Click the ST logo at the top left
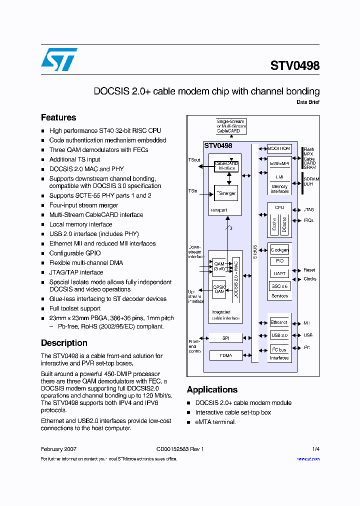(x=59, y=59)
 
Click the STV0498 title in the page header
(x=294, y=66)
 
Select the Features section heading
(x=58, y=117)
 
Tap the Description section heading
(x=64, y=343)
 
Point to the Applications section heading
(x=212, y=389)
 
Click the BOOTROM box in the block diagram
(x=279, y=148)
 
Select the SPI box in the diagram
(x=225, y=338)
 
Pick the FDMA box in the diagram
(x=225, y=355)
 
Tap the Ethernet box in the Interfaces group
(x=279, y=322)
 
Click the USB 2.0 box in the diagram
(x=279, y=335)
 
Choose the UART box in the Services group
(x=279, y=273)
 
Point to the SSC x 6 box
(x=279, y=286)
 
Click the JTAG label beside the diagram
(x=308, y=210)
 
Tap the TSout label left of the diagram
(x=194, y=160)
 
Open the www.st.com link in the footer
(x=308, y=459)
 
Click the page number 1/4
(x=315, y=449)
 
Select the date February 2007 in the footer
(x=58, y=449)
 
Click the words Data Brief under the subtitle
(x=307, y=102)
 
